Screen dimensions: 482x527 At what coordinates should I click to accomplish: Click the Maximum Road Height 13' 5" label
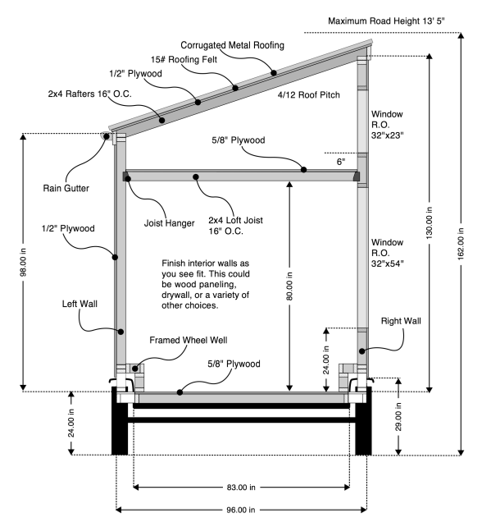[x=386, y=21]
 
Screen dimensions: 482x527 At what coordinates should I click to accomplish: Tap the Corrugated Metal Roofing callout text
[x=232, y=45]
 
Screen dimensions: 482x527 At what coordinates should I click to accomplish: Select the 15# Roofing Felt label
[x=184, y=59]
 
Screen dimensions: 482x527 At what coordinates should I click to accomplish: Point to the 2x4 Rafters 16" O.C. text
[x=89, y=94]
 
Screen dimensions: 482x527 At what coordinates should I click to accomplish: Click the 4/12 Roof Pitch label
[x=308, y=94]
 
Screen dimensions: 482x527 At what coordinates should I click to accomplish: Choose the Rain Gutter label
[x=66, y=188]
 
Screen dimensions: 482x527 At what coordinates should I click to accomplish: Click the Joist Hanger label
[x=169, y=222]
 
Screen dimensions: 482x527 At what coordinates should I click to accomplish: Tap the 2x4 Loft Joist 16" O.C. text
[x=235, y=226]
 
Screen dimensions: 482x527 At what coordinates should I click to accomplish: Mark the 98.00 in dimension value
[x=23, y=263]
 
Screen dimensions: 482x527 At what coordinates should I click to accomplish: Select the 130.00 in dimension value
[x=430, y=223]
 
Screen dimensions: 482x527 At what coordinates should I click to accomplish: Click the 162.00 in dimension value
[x=461, y=244]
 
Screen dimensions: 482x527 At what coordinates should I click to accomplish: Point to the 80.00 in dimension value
[x=289, y=286]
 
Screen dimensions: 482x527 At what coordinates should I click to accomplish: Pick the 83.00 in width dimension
[x=241, y=487]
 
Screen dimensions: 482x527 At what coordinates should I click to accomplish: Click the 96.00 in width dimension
[x=241, y=510]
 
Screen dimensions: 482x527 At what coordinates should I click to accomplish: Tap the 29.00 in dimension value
[x=398, y=417]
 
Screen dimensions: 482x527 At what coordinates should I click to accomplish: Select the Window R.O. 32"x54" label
[x=388, y=253]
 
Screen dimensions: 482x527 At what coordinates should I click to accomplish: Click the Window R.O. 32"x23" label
[x=388, y=125]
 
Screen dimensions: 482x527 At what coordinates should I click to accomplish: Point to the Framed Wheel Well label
[x=189, y=340]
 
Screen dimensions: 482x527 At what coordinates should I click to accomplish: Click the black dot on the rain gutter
[x=107, y=136]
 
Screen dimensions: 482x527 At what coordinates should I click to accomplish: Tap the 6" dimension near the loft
[x=341, y=162]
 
